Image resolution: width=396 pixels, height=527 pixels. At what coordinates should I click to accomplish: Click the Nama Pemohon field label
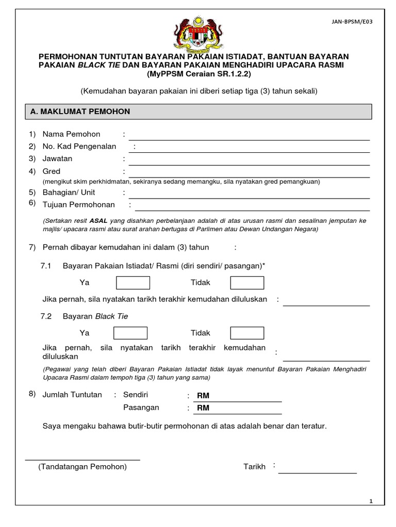click(71, 134)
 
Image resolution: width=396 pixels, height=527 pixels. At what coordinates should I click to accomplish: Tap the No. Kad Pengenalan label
click(79, 147)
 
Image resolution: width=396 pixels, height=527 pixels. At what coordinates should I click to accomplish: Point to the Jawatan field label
click(57, 159)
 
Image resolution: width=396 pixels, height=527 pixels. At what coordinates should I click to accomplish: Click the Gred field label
click(52, 171)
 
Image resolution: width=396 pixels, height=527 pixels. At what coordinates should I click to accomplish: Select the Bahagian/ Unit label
click(69, 193)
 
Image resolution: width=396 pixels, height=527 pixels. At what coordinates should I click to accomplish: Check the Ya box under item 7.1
click(133, 283)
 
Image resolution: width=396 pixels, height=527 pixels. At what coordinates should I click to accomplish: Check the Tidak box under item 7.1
click(246, 283)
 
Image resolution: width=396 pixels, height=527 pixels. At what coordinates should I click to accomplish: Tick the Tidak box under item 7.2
click(246, 333)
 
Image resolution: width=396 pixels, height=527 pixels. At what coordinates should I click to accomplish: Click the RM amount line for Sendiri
click(238, 396)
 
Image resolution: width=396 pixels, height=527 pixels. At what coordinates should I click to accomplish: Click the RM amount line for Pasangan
click(238, 408)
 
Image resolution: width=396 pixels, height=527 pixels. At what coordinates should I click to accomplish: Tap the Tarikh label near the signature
click(254, 467)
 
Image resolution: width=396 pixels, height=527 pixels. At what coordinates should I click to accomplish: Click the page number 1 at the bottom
click(371, 501)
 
